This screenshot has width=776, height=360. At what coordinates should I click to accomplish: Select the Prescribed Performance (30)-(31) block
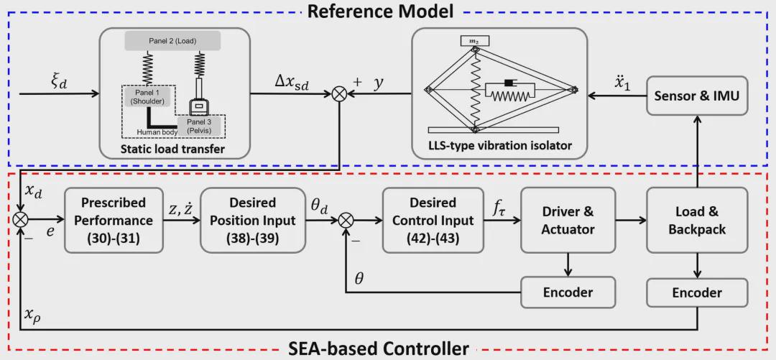(114, 220)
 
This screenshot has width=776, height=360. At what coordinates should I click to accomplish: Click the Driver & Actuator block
(568, 220)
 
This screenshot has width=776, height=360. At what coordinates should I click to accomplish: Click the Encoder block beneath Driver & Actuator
(568, 292)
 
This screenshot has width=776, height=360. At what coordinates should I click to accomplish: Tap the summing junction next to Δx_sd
(338, 93)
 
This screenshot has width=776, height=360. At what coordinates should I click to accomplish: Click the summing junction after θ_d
(348, 220)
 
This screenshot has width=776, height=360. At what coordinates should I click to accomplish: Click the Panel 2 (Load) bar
(170, 42)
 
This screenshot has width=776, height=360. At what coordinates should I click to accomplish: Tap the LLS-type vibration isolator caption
(495, 146)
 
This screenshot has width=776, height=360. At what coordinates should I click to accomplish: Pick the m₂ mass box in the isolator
(474, 41)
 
